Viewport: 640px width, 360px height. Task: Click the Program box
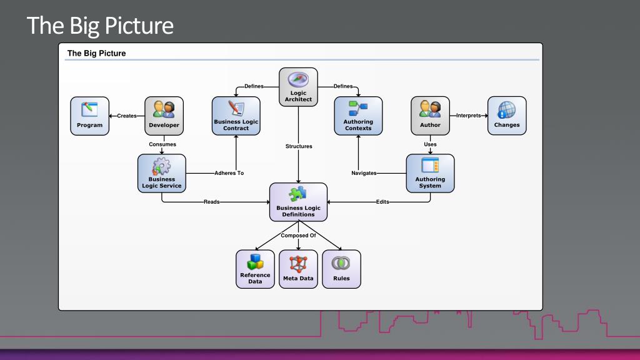click(90, 116)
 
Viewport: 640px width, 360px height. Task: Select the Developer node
click(164, 116)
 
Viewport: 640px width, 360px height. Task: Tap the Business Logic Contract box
click(236, 116)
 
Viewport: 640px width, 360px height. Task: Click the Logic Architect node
click(298, 87)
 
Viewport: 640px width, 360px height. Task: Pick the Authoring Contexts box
click(358, 116)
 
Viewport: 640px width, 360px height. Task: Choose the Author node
click(430, 116)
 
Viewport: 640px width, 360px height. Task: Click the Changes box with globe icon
click(507, 116)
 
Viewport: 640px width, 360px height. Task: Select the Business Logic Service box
click(162, 174)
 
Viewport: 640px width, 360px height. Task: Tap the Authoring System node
click(430, 174)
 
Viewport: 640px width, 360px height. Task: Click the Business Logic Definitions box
click(298, 202)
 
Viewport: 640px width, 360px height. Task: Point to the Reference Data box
click(255, 269)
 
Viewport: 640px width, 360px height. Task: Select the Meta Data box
click(298, 269)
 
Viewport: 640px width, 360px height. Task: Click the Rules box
click(342, 269)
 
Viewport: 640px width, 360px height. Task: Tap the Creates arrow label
click(127, 116)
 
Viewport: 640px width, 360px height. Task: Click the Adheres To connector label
click(229, 173)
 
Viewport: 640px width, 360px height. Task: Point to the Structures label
click(299, 146)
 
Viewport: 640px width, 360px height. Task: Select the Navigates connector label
click(364, 173)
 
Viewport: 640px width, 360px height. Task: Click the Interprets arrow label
click(469, 116)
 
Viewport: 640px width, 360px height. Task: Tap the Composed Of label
click(298, 236)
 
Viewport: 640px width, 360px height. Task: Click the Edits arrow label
click(382, 202)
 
